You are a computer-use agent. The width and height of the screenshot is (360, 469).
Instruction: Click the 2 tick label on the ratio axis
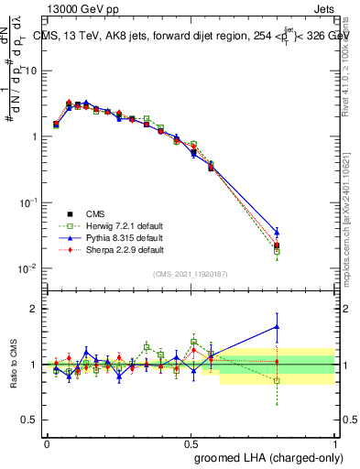click(34, 309)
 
